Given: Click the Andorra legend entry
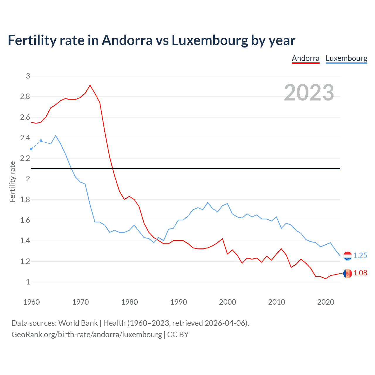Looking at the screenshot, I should [306, 58].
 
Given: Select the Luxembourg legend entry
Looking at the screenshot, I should [346, 58].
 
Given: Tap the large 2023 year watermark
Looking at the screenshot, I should [309, 93].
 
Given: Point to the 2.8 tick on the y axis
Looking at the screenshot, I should [25, 97].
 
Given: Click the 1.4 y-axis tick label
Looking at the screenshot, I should [25, 241].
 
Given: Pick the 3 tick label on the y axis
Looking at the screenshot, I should [28, 76].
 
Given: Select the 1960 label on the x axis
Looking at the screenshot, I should [31, 302].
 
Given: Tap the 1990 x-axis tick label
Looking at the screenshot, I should [178, 302].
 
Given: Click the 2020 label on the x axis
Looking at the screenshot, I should [325, 302].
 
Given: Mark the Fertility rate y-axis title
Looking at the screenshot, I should [12, 182].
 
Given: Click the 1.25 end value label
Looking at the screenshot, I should [360, 255].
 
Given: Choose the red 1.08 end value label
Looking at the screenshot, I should [360, 273].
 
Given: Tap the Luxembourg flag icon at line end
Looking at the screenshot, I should [347, 256].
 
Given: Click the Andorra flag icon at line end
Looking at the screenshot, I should [347, 273].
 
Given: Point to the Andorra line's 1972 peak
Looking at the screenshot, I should [90, 85].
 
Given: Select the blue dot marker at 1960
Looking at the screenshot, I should [31, 149].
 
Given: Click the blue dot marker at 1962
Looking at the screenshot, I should [41, 141].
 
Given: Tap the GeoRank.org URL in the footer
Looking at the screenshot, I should [86, 335].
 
